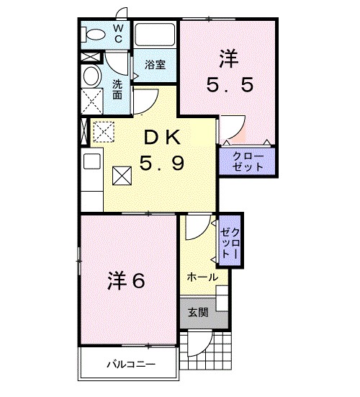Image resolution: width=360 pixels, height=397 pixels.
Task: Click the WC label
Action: point(119,33)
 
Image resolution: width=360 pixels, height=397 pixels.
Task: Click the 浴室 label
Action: point(155,64)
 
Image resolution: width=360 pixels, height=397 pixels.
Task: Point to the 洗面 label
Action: point(117,89)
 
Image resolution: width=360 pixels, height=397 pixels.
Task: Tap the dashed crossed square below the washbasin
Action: point(91,99)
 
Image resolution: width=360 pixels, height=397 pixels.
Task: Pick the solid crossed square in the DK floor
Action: point(122,174)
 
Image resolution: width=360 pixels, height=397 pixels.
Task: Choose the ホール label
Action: point(202,277)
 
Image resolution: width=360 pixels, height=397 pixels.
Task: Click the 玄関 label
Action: point(199,312)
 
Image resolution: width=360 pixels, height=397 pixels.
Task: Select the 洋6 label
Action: point(127,279)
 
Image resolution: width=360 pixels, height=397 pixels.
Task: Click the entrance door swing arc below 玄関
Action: point(201,344)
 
